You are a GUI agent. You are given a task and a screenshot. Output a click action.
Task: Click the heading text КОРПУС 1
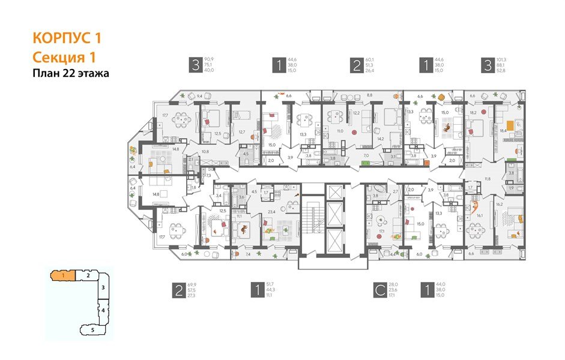pos(66,38)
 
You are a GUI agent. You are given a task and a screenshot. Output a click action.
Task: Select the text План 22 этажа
pos(71,74)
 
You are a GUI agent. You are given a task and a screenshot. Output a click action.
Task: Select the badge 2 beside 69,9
pos(178,291)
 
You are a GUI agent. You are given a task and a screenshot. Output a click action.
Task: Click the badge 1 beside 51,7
pos(258,291)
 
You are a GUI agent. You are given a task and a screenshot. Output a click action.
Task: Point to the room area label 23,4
pos(271,211)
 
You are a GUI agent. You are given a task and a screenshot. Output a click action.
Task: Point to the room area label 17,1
pos(380,230)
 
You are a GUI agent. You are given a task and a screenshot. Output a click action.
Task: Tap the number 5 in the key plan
pos(92,329)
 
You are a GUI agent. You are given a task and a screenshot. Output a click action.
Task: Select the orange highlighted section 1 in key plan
pos(63,275)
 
